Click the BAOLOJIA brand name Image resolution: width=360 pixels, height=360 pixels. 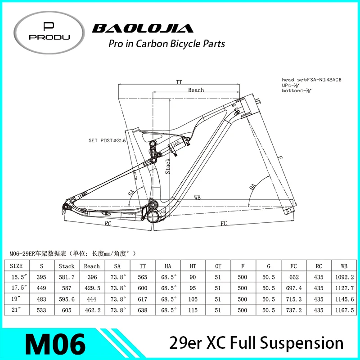click(143, 29)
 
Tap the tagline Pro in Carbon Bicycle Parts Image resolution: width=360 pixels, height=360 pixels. click(167, 44)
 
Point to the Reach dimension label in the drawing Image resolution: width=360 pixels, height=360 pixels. click(196, 90)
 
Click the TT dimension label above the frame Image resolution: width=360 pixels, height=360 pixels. click(179, 82)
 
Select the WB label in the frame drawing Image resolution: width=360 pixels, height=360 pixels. click(197, 197)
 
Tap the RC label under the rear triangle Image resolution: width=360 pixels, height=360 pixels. click(108, 223)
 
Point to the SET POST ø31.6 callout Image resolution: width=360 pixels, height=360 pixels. click(107, 141)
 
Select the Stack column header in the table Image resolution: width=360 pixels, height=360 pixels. click(67, 266)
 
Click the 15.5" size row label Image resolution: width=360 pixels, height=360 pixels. click(16, 277)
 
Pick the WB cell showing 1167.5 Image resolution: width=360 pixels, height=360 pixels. click(345, 310)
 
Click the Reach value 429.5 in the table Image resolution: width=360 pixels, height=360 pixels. click(92, 288)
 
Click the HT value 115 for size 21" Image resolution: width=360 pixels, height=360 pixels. click(193, 310)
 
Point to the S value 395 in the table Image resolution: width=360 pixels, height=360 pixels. click(41, 277)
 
